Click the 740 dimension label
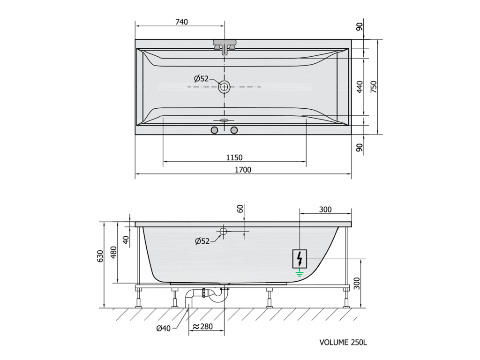[181, 22]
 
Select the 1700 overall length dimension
[243, 170]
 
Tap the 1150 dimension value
[234, 157]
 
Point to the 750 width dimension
[374, 87]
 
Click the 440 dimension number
[360, 87]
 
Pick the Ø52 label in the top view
[201, 79]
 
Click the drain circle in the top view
[225, 87]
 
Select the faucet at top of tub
[225, 46]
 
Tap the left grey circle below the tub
[214, 130]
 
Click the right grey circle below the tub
[234, 130]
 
